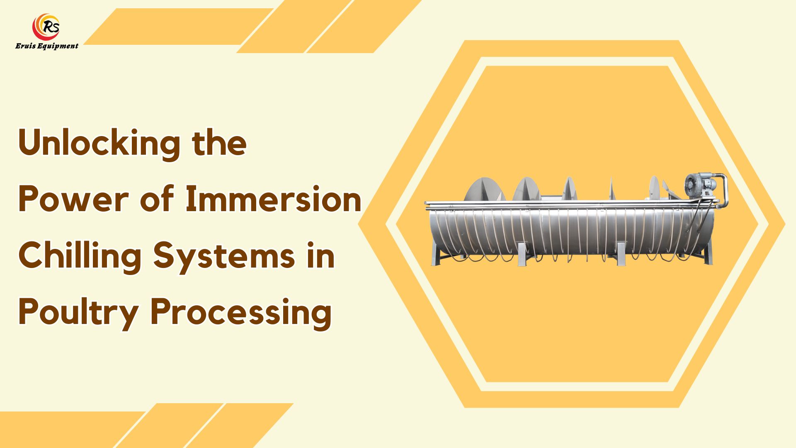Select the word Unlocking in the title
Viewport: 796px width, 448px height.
coord(99,144)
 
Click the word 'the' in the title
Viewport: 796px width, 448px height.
coord(219,144)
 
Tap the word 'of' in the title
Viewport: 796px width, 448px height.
coord(157,200)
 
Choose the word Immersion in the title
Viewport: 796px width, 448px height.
coord(273,200)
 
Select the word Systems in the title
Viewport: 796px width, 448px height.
coord(224,256)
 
